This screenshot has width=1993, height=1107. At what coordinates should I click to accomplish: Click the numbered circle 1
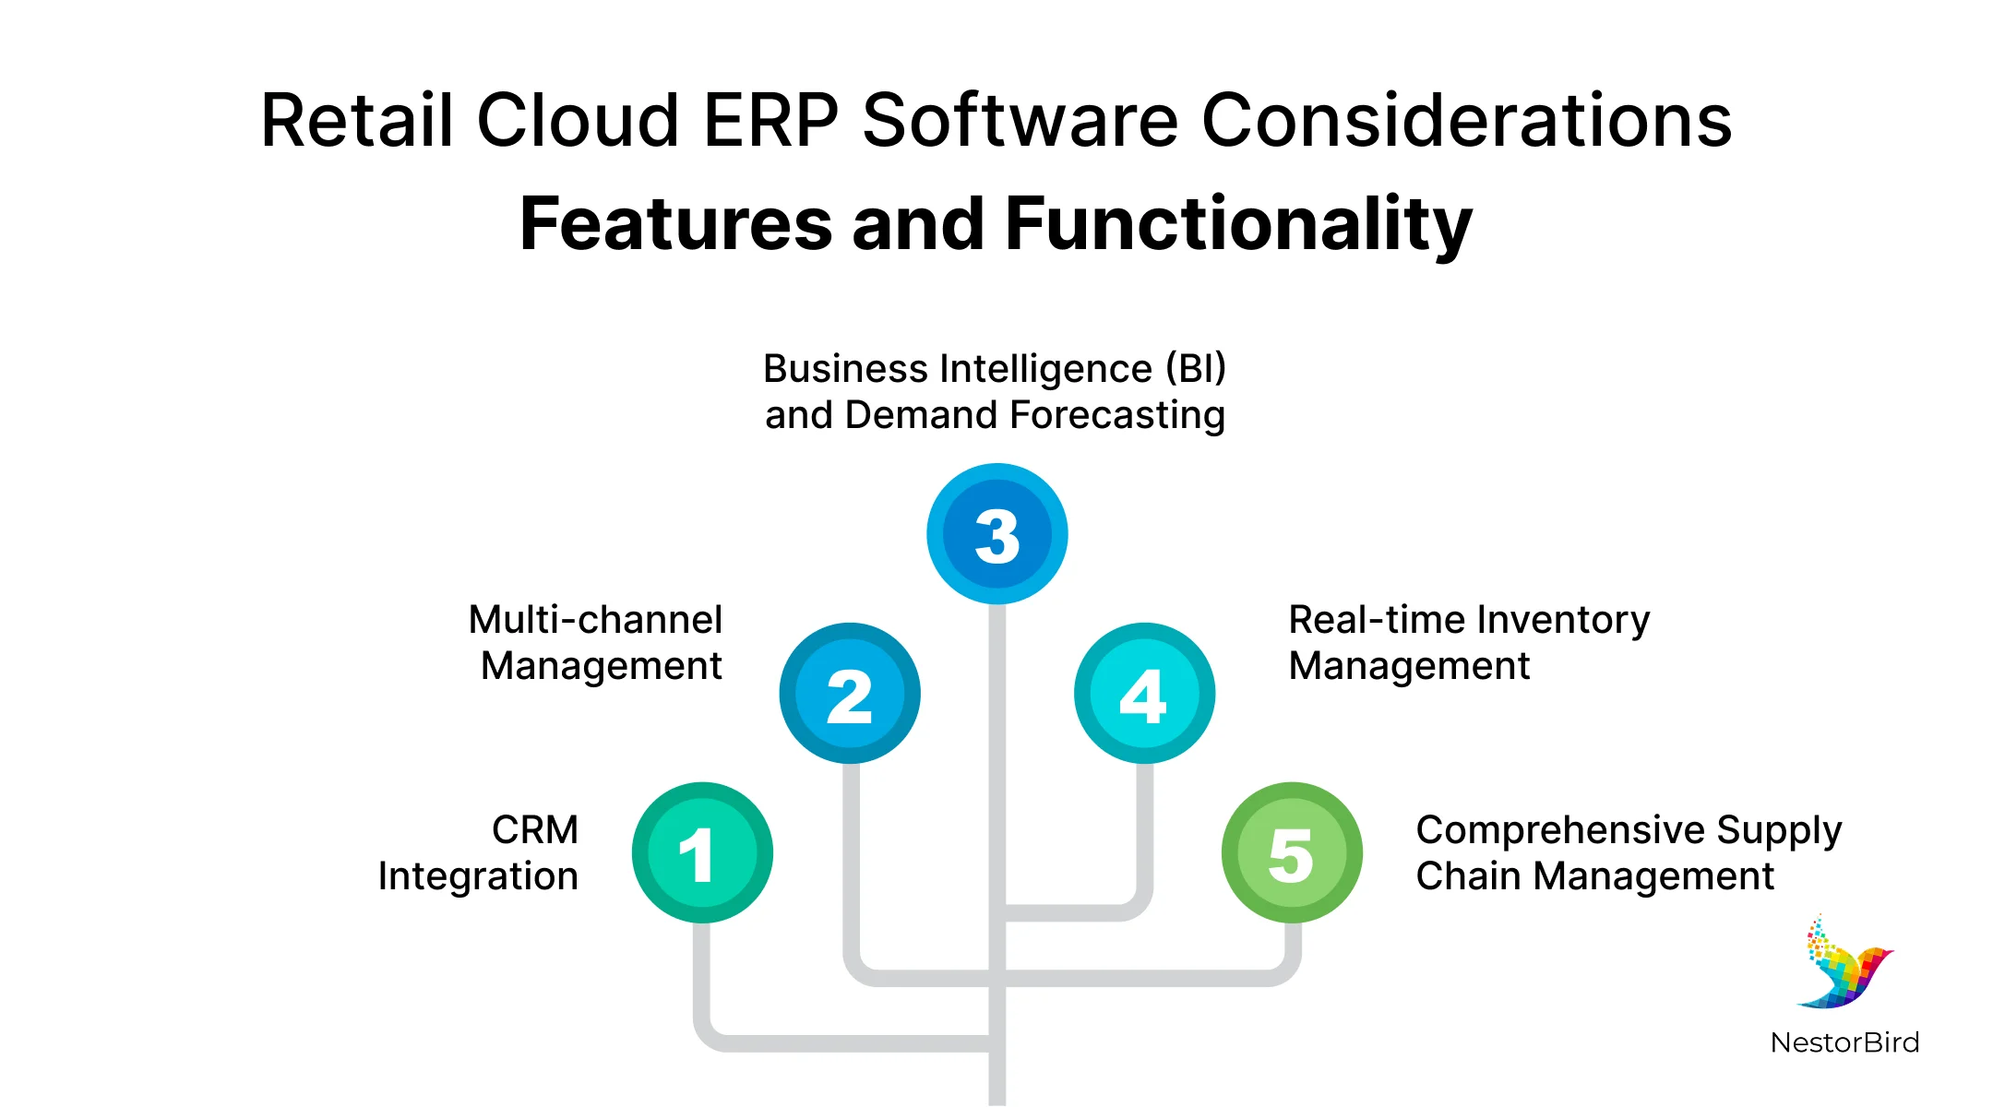pyautogui.click(x=702, y=853)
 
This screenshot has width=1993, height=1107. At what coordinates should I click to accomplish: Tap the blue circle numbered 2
pyautogui.click(x=850, y=694)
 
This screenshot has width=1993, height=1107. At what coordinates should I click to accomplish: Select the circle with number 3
pyautogui.click(x=997, y=534)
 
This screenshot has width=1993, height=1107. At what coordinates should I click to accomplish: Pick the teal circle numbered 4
pyautogui.click(x=1144, y=694)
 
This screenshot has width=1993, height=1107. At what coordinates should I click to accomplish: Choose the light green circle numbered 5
pyautogui.click(x=1292, y=853)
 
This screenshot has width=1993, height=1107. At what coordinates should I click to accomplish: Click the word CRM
pyautogui.click(x=535, y=830)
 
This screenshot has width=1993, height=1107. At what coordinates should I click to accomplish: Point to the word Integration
pyautogui.click(x=478, y=876)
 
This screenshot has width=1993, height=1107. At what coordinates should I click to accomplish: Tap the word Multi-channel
pyautogui.click(x=595, y=620)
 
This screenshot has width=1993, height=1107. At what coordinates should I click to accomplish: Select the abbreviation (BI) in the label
pyautogui.click(x=1195, y=369)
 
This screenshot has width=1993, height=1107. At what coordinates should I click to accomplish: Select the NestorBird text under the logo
pyautogui.click(x=1844, y=1043)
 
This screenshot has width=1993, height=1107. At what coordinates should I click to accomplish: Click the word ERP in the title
pyautogui.click(x=770, y=121)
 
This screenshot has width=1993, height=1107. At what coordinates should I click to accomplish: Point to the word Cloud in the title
pyautogui.click(x=579, y=121)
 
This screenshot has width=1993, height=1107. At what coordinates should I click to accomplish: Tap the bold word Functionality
pyautogui.click(x=1238, y=224)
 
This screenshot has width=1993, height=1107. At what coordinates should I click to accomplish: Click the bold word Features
pyautogui.click(x=675, y=224)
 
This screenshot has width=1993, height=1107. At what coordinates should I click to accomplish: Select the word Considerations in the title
pyautogui.click(x=1467, y=121)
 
